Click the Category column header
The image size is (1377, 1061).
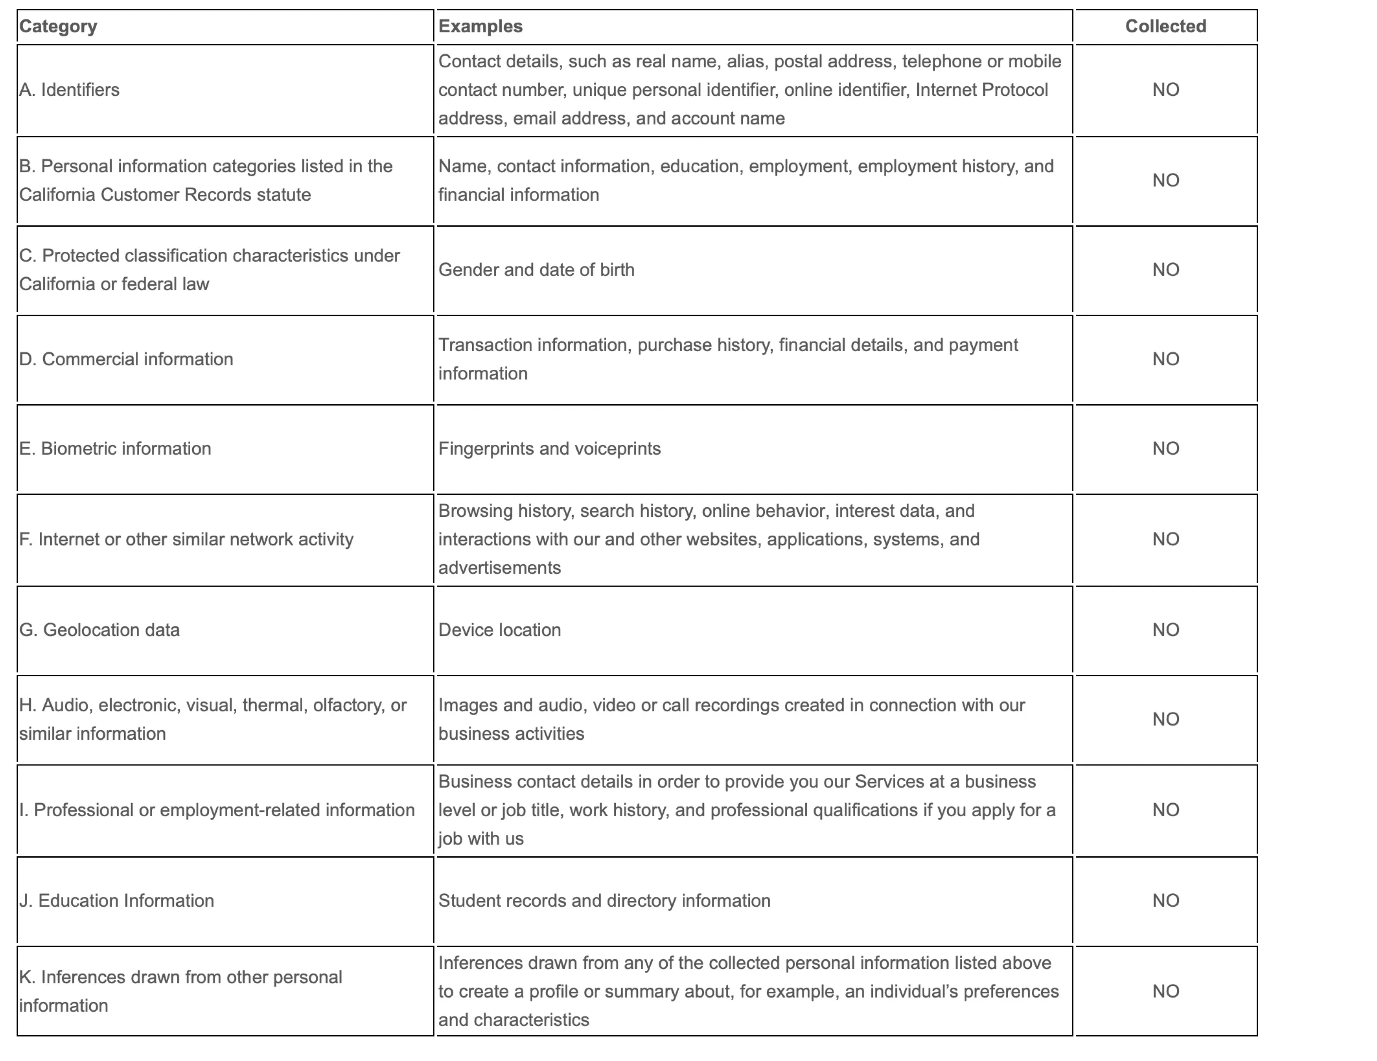click(58, 27)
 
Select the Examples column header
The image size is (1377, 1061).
click(480, 27)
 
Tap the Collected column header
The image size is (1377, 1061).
click(1165, 27)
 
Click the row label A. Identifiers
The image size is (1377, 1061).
click(69, 90)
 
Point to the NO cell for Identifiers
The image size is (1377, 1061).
click(1165, 90)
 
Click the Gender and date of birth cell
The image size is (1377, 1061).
click(537, 270)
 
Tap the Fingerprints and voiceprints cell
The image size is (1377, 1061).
click(549, 448)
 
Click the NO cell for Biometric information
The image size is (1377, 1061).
click(1165, 448)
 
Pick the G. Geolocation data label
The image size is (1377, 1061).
click(100, 630)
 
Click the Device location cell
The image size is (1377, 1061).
click(500, 630)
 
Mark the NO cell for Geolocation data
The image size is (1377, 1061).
click(1165, 630)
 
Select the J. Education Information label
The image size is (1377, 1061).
click(117, 900)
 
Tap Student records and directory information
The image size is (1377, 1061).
click(604, 900)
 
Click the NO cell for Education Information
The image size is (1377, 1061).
click(1165, 900)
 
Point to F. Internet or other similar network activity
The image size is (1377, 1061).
click(186, 539)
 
